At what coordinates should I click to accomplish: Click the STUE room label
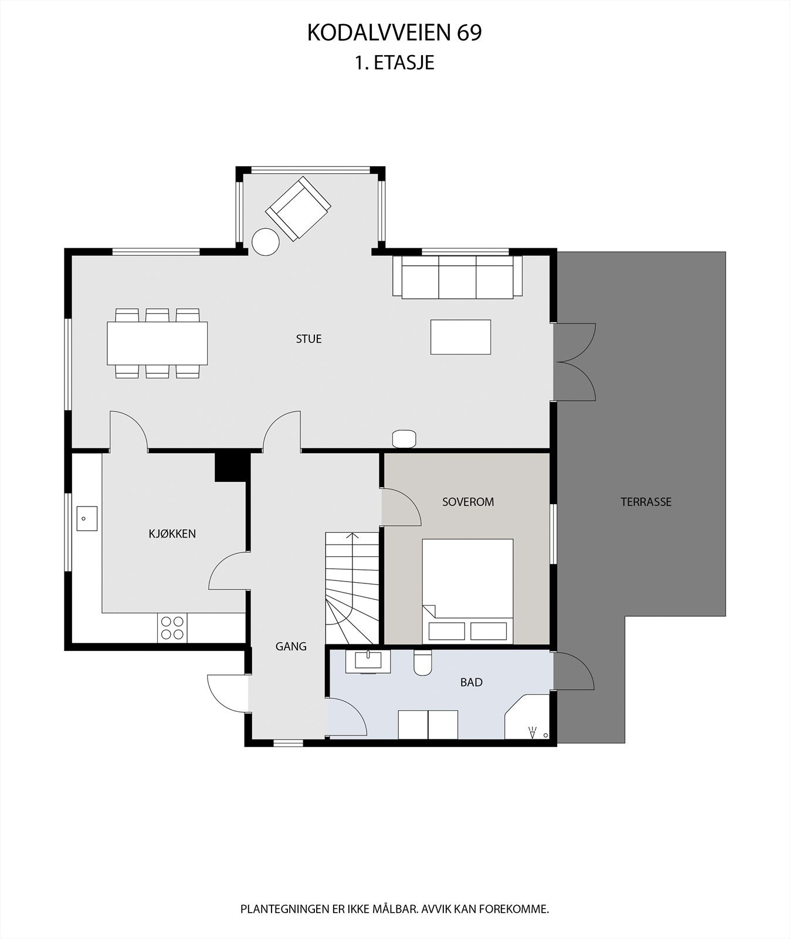point(308,339)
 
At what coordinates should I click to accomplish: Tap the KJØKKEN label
point(172,533)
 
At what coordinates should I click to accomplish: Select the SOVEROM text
point(467,502)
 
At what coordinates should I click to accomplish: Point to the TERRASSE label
point(646,502)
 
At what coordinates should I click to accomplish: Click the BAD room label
point(471,682)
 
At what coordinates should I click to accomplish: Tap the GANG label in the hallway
point(291,646)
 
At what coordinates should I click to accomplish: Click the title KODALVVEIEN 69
point(394,33)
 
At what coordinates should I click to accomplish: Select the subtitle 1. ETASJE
point(394,63)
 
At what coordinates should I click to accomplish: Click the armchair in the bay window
point(298,208)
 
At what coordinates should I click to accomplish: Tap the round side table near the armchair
point(265,242)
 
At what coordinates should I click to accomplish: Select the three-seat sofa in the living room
point(457,277)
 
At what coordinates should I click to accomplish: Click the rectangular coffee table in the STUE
point(460,337)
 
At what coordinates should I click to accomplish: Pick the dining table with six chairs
point(157,343)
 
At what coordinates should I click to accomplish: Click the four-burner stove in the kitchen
point(172,627)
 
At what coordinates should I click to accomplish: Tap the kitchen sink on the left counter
point(87,519)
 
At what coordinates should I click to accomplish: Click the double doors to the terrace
point(575,362)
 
